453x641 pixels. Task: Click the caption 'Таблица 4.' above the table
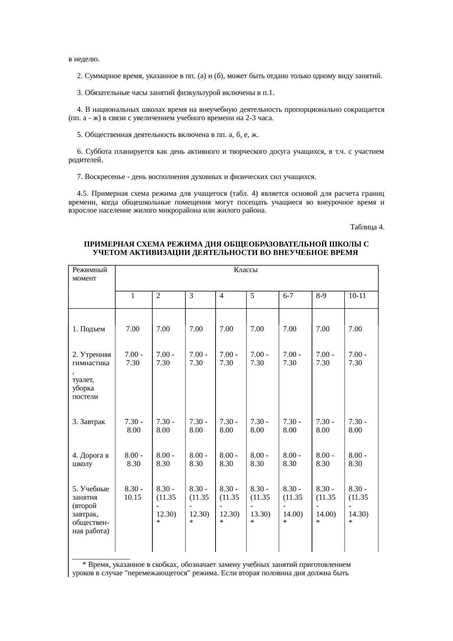366,227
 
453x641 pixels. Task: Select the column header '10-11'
357,296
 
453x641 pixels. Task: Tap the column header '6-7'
288,296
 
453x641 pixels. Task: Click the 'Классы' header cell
245,270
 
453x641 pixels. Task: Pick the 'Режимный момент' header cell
90,274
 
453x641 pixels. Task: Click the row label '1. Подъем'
88,329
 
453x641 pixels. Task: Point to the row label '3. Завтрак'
88,422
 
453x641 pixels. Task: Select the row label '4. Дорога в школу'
90,459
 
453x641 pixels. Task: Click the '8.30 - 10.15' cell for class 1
133,493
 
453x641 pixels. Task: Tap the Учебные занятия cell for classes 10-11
358,505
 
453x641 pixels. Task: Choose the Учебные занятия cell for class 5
260,505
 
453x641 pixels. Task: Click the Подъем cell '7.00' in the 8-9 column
323,329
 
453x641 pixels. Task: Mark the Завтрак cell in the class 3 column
198,426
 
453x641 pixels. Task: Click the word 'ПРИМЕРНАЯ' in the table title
106,244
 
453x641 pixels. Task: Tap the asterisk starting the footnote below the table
84,565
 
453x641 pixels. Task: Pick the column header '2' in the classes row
158,296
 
